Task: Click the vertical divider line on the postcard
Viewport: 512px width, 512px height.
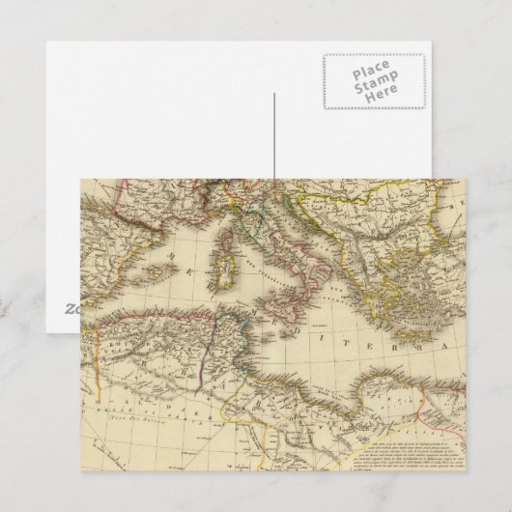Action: tap(274, 135)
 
